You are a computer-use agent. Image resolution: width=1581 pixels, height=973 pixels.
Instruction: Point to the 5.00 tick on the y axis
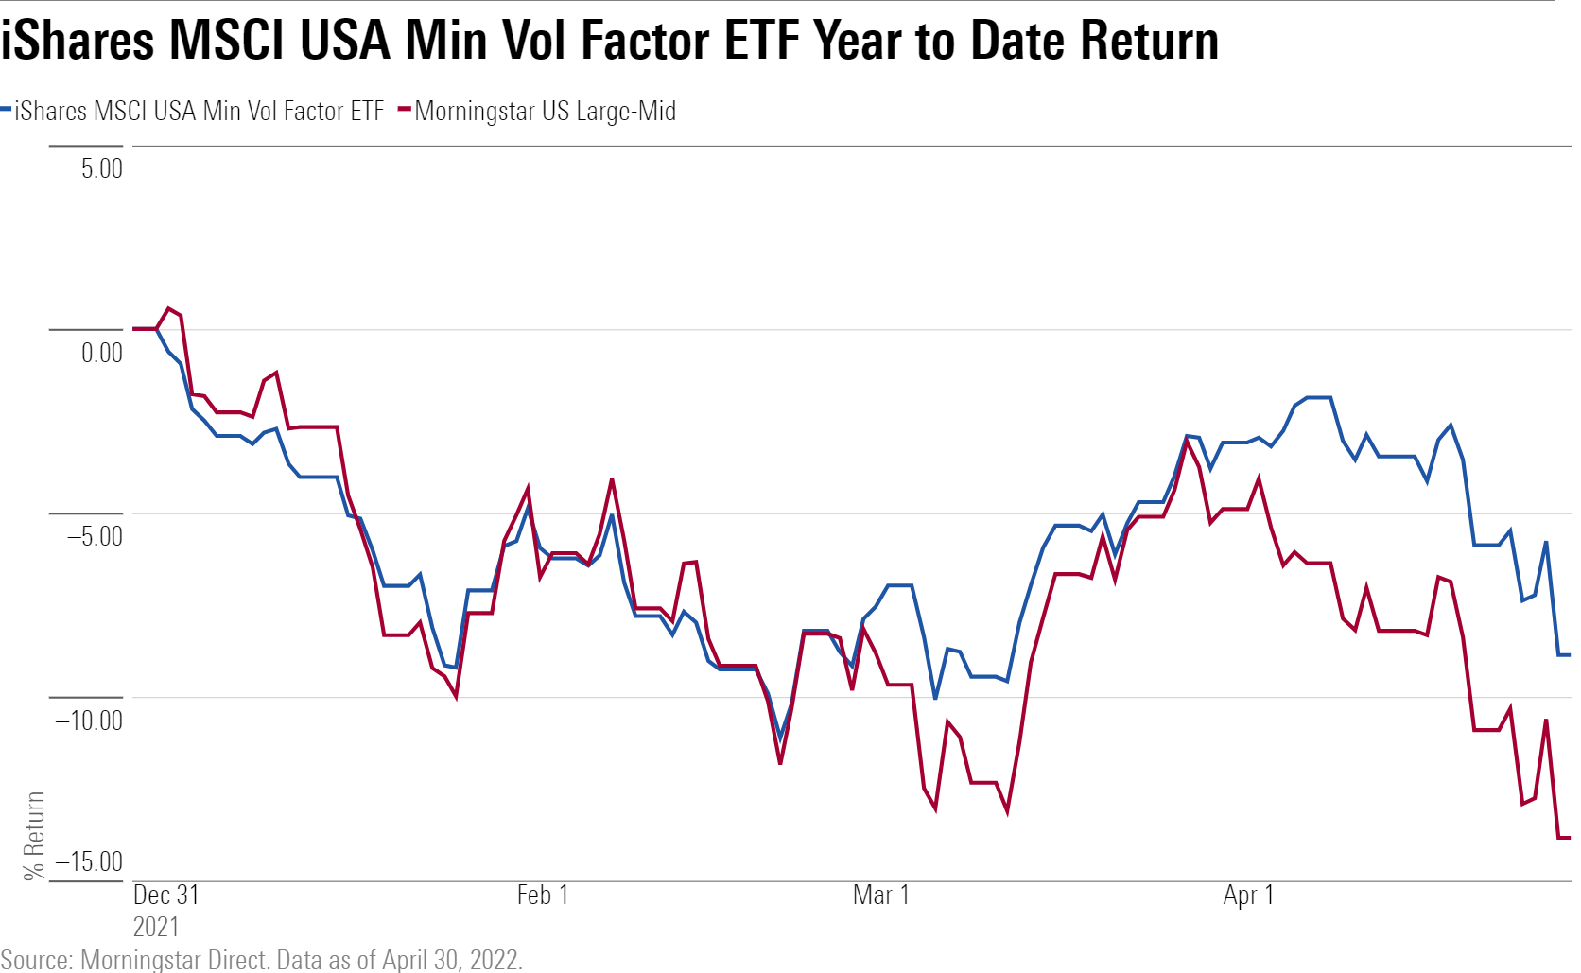pyautogui.click(x=101, y=168)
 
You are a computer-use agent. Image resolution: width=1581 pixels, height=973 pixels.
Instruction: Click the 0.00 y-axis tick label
pyautogui.click(x=101, y=353)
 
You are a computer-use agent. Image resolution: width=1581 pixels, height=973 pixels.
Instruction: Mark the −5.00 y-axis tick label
pyautogui.click(x=94, y=536)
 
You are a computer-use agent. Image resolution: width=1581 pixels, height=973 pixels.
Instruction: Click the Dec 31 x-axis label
pyautogui.click(x=165, y=895)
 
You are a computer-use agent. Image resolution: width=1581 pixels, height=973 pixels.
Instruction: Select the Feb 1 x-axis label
pyautogui.click(x=543, y=895)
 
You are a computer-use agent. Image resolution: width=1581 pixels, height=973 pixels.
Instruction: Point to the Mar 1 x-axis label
pyautogui.click(x=880, y=895)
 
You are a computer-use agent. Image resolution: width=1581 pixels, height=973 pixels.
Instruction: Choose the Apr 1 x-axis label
pyautogui.click(x=1248, y=895)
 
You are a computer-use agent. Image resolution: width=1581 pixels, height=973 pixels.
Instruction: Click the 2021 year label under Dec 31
pyautogui.click(x=155, y=926)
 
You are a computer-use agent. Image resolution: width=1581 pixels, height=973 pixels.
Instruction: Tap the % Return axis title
pyautogui.click(x=34, y=836)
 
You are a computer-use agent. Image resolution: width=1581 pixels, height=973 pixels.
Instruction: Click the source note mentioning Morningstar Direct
pyautogui.click(x=261, y=960)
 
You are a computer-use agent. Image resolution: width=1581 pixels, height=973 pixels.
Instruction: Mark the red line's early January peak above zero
pyautogui.click(x=168, y=308)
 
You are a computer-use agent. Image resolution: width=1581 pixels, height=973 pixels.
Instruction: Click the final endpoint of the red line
pyautogui.click(x=1569, y=837)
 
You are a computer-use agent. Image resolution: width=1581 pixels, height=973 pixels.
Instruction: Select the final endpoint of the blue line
pyautogui.click(x=1569, y=654)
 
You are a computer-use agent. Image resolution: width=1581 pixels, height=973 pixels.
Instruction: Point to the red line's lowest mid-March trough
pyautogui.click(x=1007, y=811)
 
